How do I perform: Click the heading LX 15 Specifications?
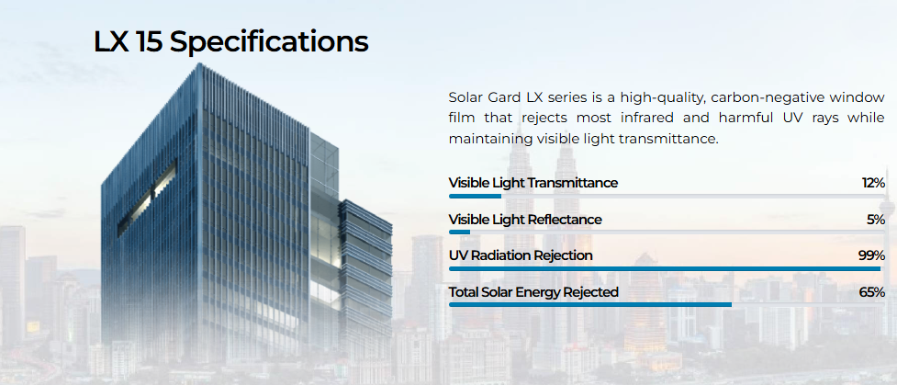point(231,41)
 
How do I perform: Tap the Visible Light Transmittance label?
point(533,183)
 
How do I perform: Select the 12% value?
point(873,183)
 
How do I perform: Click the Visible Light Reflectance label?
point(525,220)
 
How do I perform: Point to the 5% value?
point(876,220)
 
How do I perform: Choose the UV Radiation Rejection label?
point(521,255)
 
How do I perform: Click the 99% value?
point(872,255)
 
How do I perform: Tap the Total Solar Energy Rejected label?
point(533,292)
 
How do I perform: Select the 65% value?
point(872,292)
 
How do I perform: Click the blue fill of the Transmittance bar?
point(475,196)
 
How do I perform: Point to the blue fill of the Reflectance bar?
point(459,232)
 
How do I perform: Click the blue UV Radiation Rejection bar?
point(665,268)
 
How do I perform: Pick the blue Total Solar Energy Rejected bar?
point(590,305)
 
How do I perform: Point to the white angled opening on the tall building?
point(147,198)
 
